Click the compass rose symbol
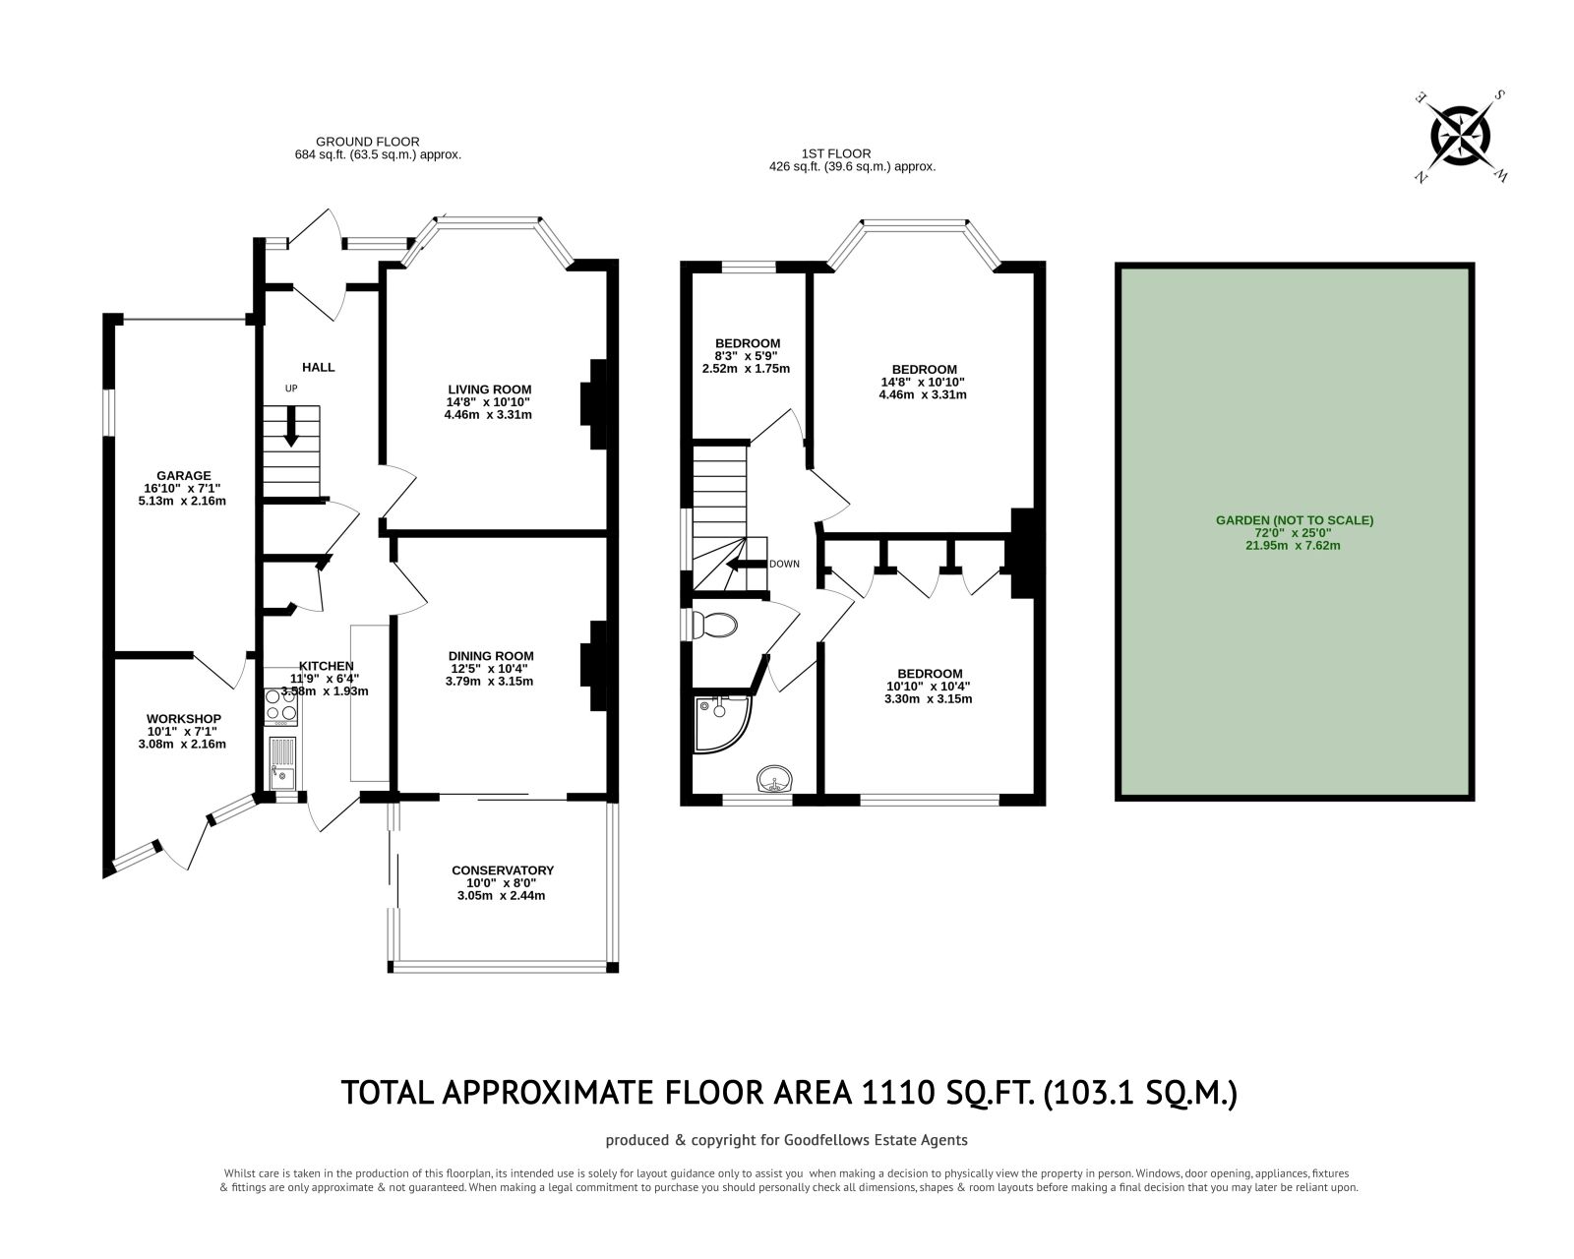pos(1460,137)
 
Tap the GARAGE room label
pos(182,475)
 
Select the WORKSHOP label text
pos(184,719)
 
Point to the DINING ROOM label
pos(490,656)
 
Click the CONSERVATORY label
pos(502,870)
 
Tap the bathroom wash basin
pos(776,782)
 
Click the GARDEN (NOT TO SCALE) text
pos(1294,520)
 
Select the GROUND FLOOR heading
pos(367,142)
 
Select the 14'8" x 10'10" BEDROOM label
pos(924,369)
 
